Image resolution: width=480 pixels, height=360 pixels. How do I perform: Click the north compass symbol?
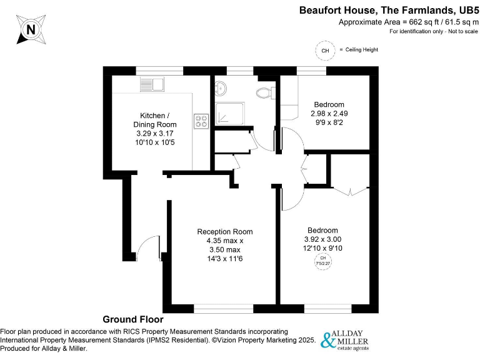pos(29,28)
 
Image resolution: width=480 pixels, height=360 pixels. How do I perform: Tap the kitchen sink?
pos(151,84)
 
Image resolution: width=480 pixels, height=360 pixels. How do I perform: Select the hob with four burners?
pos(201,121)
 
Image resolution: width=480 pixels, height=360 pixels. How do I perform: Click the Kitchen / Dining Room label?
pos(154,120)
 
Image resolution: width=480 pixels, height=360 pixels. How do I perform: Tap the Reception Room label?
pos(225,232)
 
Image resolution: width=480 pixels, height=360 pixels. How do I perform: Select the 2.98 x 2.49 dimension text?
pos(329,113)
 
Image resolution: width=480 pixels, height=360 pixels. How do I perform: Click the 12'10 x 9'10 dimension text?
pos(322,248)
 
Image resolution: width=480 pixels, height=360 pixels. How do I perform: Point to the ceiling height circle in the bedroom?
pos(323,261)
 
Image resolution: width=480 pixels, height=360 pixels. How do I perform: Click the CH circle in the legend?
pos(324,51)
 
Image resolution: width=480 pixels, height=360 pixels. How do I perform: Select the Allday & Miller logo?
pos(344,339)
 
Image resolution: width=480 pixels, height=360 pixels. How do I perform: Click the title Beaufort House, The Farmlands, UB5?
pos(387,10)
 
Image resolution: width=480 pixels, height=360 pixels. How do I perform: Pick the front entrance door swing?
pos(146,247)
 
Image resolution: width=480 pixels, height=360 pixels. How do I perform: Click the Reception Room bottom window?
pos(223,308)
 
